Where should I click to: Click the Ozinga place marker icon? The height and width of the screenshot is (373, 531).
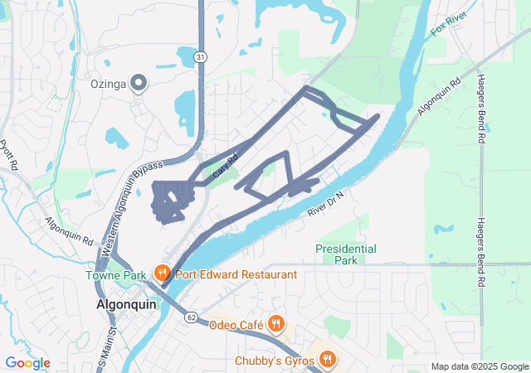139,82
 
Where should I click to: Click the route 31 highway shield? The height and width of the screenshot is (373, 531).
201,56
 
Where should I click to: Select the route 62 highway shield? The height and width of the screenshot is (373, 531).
191,317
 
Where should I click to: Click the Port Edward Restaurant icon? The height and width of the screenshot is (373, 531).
162,273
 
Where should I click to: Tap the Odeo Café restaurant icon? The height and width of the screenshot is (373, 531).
277,323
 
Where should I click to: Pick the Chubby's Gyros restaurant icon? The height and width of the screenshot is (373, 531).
329,359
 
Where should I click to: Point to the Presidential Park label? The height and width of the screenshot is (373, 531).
346,254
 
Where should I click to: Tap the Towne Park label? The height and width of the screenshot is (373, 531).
115,274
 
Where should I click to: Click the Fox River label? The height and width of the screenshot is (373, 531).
450,25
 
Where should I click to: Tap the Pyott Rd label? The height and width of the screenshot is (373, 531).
8,153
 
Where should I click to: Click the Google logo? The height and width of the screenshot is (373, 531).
27,363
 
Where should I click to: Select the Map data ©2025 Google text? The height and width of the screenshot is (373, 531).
479,366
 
